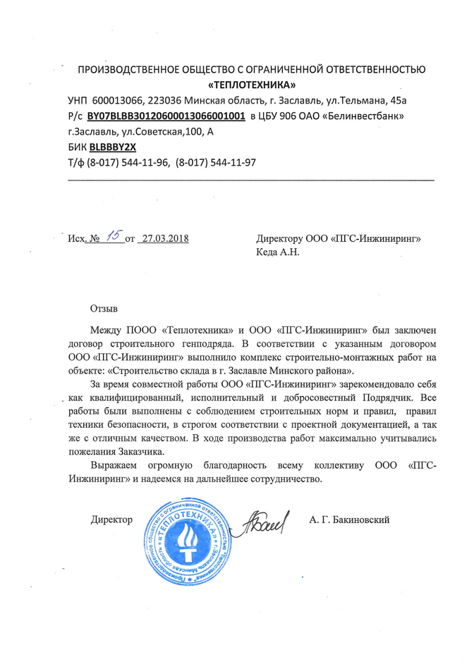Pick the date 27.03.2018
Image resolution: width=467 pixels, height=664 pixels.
tap(165, 240)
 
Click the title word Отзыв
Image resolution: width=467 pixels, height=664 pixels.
tap(104, 309)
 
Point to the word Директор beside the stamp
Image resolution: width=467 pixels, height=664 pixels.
tap(112, 520)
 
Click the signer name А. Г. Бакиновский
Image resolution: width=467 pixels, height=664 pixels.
tap(349, 520)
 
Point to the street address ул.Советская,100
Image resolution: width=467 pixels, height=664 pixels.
tap(161, 132)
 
